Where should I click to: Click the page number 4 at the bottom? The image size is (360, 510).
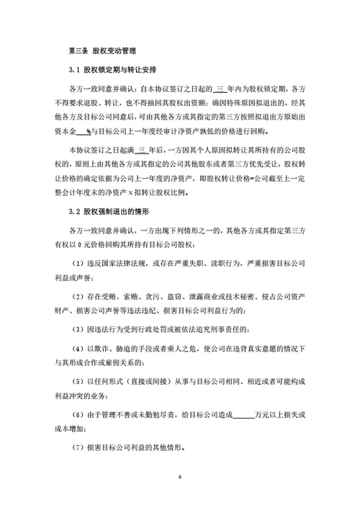click(180, 478)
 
